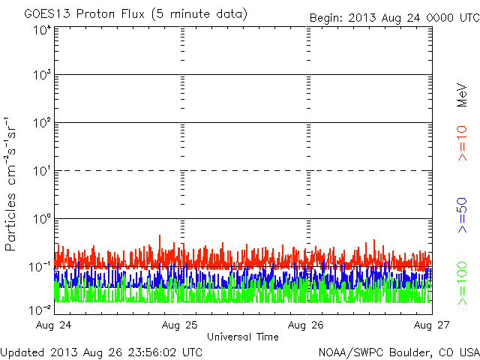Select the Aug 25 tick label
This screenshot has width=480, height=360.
click(181, 325)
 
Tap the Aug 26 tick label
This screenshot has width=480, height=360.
click(306, 325)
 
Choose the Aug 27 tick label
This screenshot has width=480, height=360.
click(431, 325)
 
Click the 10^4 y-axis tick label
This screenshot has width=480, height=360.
click(42, 30)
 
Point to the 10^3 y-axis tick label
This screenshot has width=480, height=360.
click(42, 75)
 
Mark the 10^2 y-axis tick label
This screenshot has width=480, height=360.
click(42, 123)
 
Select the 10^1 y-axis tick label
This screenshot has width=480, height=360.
click(42, 171)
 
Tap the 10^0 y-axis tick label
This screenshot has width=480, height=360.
click(42, 219)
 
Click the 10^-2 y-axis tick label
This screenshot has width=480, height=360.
click(40, 309)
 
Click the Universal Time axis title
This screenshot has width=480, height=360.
click(243, 337)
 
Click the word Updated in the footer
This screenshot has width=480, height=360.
click(22, 352)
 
